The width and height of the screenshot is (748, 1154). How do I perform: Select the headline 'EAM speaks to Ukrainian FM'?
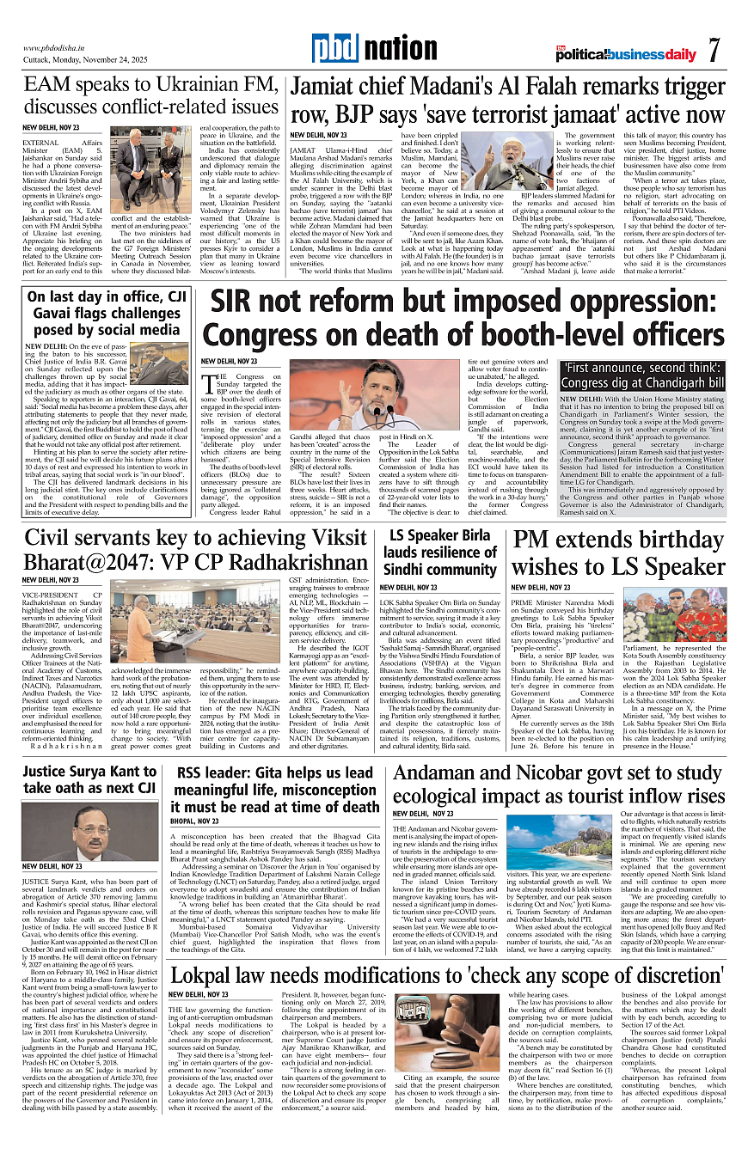[x=151, y=96]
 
